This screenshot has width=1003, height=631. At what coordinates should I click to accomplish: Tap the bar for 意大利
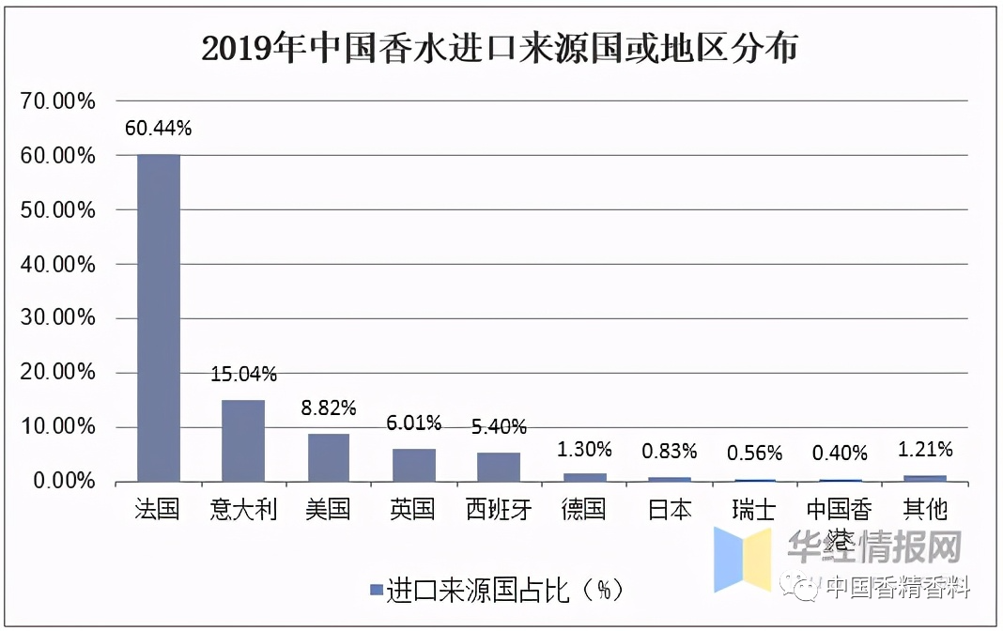pos(243,440)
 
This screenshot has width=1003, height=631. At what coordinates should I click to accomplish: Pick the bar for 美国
pos(329,457)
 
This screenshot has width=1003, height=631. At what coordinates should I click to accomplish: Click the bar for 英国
pos(413,465)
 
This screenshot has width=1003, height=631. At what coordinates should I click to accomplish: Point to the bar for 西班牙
pos(499,467)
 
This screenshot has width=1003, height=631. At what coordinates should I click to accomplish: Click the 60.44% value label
pos(158,129)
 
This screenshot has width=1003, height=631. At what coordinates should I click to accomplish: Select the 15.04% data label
pos(243,375)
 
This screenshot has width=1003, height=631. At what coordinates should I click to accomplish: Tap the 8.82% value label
pos(329,408)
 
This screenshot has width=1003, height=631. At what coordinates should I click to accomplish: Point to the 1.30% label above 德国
pos(584,450)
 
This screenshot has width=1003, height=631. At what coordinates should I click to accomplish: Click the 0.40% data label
pos(840,454)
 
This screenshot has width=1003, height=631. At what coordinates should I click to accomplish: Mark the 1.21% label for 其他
pos(925,449)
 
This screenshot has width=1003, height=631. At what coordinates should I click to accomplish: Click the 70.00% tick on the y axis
pos(58,101)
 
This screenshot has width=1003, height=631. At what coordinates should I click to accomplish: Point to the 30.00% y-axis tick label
pos(58,318)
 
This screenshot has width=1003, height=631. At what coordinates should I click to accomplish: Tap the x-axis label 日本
pos(670,510)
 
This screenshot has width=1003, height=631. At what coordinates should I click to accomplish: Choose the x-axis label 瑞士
pos(754,510)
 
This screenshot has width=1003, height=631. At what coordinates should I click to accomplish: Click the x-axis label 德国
pos(584,510)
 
